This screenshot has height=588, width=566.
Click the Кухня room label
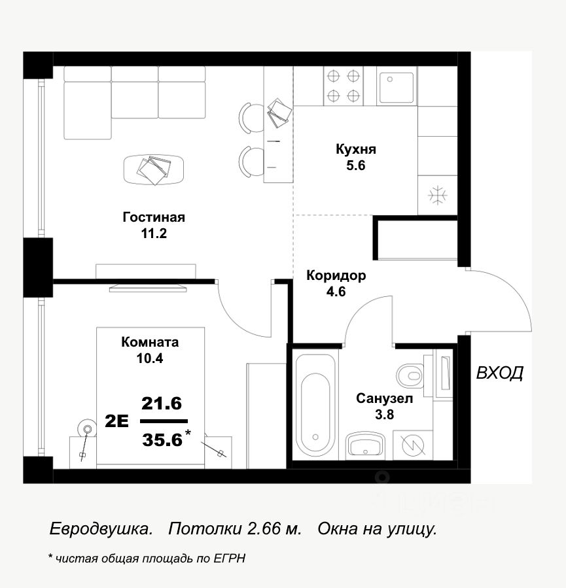(355, 149)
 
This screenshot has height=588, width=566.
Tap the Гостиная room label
(154, 217)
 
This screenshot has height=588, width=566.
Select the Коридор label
(336, 275)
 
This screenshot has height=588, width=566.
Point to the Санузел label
(385, 398)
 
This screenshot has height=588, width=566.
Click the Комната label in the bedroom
(150, 342)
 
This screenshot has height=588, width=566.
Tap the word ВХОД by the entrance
(500, 373)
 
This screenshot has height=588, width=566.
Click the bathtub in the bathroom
(315, 405)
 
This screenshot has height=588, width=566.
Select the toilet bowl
(410, 375)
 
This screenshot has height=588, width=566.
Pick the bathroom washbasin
(365, 445)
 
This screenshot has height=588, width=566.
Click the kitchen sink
(396, 88)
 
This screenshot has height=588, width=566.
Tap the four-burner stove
(344, 86)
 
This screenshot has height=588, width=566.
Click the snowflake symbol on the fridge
(437, 196)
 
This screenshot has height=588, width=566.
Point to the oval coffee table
(154, 170)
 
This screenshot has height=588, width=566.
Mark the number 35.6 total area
(162, 439)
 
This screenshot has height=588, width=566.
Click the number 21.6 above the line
(162, 404)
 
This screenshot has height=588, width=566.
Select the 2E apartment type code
(116, 421)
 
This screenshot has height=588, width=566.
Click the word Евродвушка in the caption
(101, 528)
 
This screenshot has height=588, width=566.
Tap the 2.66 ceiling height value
(264, 528)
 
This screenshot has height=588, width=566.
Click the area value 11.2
(154, 233)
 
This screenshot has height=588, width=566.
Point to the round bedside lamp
(88, 428)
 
